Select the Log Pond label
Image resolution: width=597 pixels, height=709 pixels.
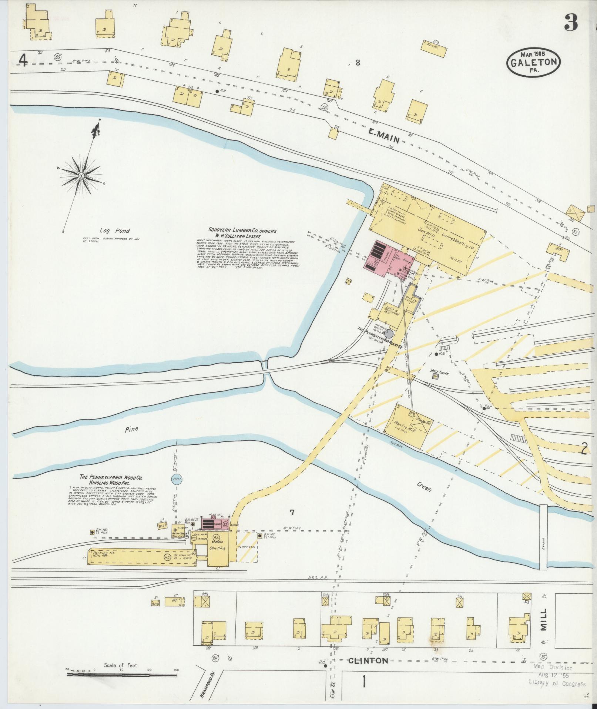point(117,231)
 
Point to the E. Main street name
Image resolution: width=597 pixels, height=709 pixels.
point(384,139)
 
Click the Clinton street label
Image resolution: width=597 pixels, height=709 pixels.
point(368,660)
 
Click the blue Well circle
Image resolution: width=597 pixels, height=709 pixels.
point(177,479)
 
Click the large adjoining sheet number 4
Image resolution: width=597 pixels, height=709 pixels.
point(23,60)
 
